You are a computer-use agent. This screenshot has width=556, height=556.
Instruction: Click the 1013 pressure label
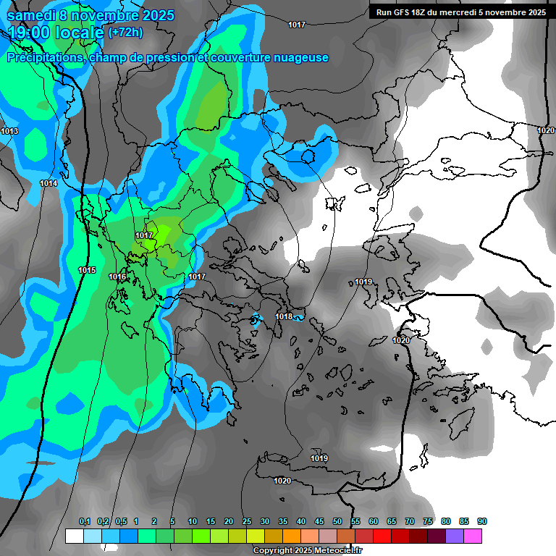[9, 131]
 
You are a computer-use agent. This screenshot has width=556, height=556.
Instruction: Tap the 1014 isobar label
[49, 184]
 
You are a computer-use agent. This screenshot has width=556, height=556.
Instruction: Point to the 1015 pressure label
[86, 270]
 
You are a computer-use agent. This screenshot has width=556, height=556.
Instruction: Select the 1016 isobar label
[117, 277]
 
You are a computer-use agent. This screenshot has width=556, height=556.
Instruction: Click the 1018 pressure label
[284, 316]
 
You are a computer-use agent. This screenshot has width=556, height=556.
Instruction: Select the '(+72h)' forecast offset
[125, 33]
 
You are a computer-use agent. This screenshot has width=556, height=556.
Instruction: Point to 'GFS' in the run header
[400, 12]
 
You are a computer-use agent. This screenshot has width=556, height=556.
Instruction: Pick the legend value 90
[482, 521]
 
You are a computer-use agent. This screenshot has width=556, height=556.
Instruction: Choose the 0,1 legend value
[85, 521]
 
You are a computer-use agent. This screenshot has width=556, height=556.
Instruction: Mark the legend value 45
[319, 521]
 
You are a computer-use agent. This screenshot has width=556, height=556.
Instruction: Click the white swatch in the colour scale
[74, 536]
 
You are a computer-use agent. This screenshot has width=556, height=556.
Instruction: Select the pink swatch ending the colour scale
[473, 536]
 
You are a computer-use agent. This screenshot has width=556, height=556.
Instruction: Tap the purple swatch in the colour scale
[455, 536]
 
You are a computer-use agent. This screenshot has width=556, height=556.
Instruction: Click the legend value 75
[428, 521]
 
